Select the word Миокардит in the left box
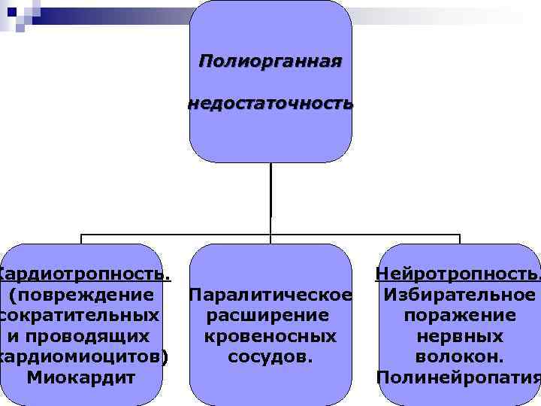pos(81,377)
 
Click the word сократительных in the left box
pos(80,314)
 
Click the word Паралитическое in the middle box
pos(270,293)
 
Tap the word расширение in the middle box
pos(270,314)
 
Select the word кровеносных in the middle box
pos(270,335)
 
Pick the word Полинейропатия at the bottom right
pos(458,377)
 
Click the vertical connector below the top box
pos(270,195)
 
